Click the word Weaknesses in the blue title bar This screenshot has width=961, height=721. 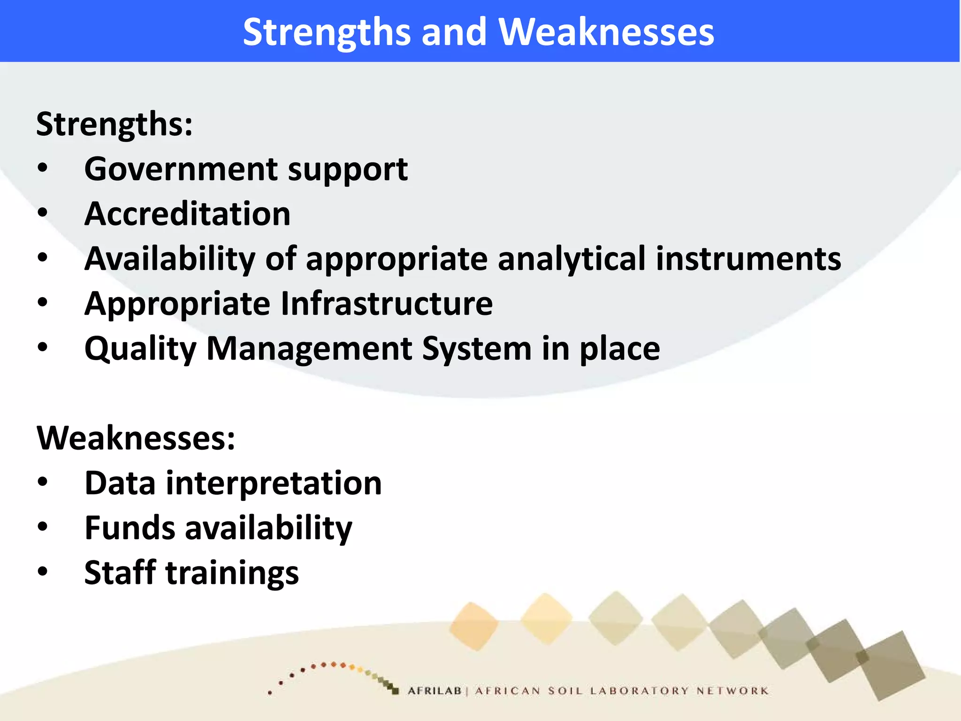(606, 32)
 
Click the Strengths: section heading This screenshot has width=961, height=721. (114, 124)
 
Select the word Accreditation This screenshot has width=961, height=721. (187, 214)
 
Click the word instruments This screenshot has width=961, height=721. (748, 259)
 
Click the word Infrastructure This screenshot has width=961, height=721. (387, 304)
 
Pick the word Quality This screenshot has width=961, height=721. (140, 349)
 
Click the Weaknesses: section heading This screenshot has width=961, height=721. (136, 438)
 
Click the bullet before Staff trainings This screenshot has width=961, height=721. (43, 572)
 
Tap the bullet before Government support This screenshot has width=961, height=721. (43, 169)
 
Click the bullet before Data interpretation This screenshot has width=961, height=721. (43, 483)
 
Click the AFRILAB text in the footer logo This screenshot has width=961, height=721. (435, 691)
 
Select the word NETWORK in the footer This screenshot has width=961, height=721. (732, 691)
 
